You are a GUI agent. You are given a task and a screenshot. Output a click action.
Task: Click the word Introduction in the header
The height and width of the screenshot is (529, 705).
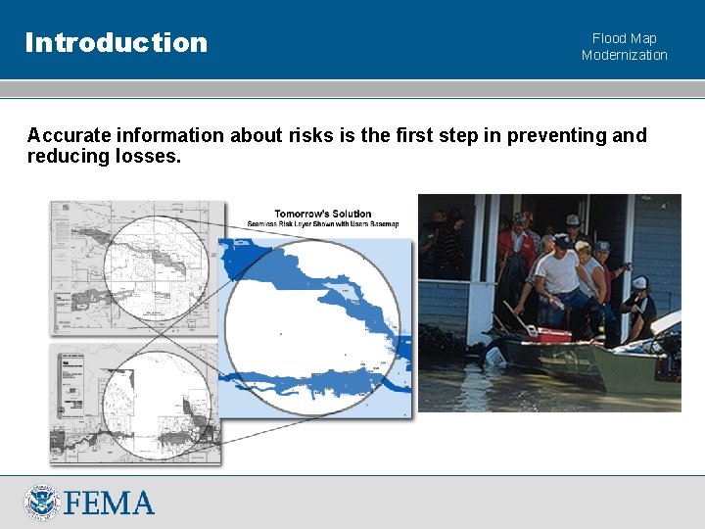tap(117, 42)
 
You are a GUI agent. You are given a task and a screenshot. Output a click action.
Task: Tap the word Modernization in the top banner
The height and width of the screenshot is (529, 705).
tap(624, 55)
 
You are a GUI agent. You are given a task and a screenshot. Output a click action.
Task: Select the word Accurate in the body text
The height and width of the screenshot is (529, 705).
tap(67, 135)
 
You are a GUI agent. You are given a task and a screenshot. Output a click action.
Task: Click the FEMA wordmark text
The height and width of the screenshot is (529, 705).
tap(110, 504)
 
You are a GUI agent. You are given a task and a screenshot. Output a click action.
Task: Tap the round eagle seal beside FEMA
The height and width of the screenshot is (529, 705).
tap(43, 503)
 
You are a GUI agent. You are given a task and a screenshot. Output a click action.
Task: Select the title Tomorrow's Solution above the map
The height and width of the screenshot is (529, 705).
tap(322, 214)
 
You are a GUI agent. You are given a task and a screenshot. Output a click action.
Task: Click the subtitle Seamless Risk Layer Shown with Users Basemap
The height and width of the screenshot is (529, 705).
tap(323, 224)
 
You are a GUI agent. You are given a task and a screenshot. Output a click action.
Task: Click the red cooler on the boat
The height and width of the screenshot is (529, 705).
tap(552, 335)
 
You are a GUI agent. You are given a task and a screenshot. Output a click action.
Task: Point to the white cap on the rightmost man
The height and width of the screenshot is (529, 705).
tap(639, 283)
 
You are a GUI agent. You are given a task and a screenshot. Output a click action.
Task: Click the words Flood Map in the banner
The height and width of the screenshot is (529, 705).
tap(624, 39)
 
